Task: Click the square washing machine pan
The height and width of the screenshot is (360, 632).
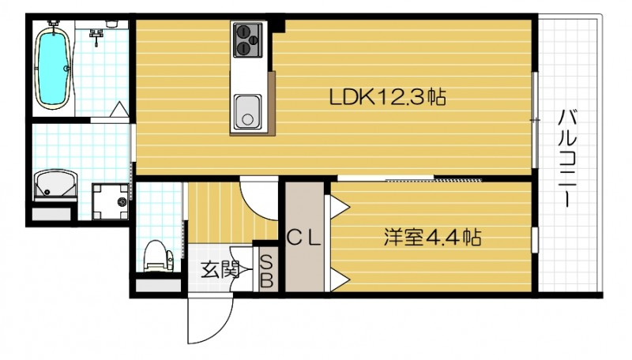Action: (x=111, y=202)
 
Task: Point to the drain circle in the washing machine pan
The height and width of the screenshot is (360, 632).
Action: (x=122, y=203)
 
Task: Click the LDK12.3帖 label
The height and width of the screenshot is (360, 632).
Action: (x=388, y=98)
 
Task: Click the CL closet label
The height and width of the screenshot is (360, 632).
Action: (x=303, y=235)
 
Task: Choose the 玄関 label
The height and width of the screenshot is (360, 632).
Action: (x=219, y=270)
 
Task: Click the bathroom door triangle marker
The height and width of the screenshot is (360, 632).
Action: (x=118, y=111)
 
